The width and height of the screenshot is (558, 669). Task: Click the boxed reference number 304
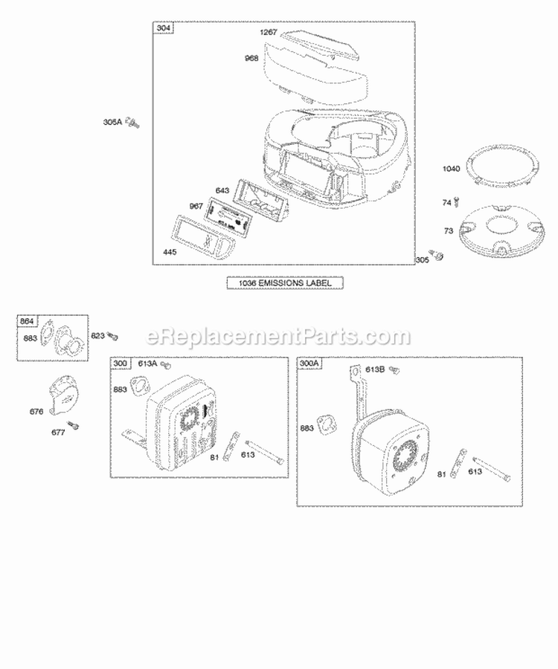point(163,29)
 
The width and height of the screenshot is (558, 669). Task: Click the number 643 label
point(222,191)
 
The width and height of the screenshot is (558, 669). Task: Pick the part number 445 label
point(170,253)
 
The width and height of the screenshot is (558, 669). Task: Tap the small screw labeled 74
point(456,200)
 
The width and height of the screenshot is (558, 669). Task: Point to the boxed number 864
point(27,321)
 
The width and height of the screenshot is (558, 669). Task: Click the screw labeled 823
point(113,336)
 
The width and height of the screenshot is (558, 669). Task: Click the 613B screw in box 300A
point(396,369)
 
